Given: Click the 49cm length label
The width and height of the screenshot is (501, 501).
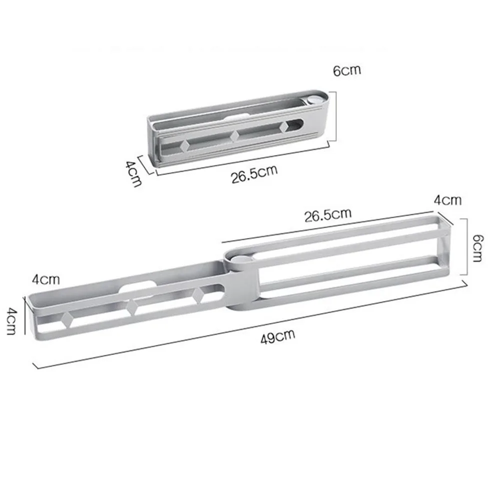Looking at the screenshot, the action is coord(277,337).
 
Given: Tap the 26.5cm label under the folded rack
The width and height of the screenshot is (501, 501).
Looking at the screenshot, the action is coord(254,174).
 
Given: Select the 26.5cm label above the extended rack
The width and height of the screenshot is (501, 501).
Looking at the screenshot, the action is coord(328,215).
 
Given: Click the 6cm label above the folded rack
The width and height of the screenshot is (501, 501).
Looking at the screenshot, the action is coord(347,70).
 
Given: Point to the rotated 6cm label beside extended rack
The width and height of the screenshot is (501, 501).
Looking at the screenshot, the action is coord(477,248).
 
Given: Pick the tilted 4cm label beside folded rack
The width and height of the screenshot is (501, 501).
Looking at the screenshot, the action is coord(133,174).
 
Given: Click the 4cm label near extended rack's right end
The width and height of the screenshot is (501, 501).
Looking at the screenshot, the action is coord(447,200).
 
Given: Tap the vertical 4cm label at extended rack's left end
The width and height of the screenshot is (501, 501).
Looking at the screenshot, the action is coord(12,321).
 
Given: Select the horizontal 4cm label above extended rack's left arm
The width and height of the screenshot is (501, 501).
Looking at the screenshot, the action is coord(46,280).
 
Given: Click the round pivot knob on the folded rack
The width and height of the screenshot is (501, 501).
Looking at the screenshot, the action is coord(315,99).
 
